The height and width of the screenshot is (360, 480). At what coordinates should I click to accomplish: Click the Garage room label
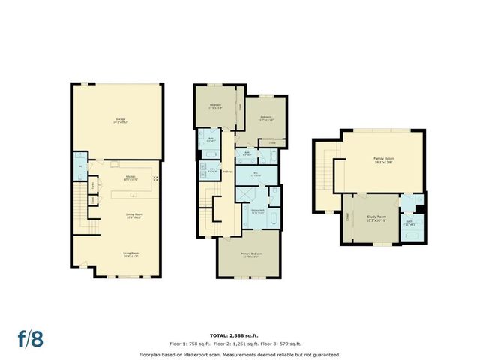[x=120, y=121]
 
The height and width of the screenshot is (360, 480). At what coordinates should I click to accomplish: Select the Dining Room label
[x=124, y=215]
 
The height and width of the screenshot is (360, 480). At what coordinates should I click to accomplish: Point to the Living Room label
[x=124, y=254]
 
